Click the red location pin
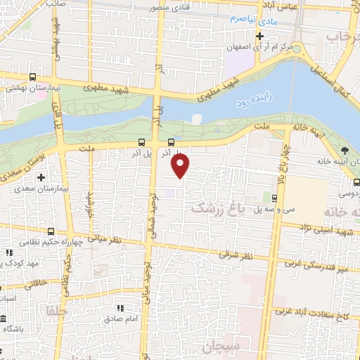click(x=181, y=165)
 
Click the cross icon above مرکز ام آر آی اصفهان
click(x=260, y=35)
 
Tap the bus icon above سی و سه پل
click(x=274, y=199)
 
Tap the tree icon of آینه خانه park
click(x=344, y=151)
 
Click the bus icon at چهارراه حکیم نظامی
click(x=51, y=231)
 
